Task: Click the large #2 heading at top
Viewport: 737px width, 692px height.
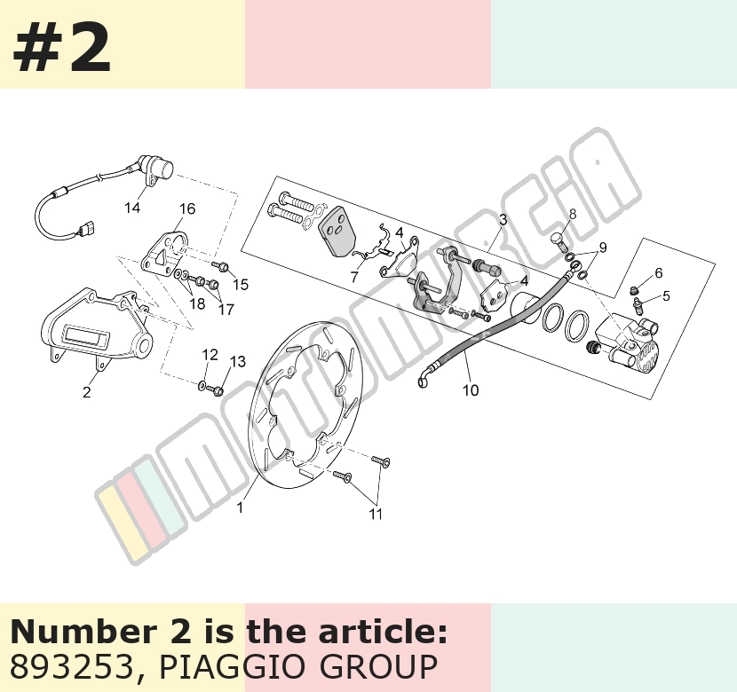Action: click(x=61, y=46)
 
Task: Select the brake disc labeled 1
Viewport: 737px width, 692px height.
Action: click(x=304, y=405)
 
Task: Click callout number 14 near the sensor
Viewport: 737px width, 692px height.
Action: click(x=132, y=208)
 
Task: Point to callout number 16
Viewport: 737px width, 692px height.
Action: click(x=187, y=208)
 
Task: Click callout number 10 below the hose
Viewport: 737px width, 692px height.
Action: click(x=471, y=390)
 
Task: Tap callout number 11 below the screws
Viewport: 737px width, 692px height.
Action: click(x=376, y=514)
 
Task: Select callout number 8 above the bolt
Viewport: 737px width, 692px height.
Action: click(x=573, y=214)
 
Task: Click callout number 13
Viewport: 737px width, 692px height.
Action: click(x=238, y=361)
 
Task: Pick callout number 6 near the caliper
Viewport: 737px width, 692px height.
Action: click(x=659, y=272)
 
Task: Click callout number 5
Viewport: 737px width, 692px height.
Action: click(x=666, y=295)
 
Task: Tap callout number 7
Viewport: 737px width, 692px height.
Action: click(x=354, y=277)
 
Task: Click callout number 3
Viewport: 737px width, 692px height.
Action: click(x=503, y=219)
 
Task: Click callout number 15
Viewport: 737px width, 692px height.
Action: click(x=240, y=285)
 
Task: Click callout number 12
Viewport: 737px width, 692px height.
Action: click(x=210, y=355)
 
